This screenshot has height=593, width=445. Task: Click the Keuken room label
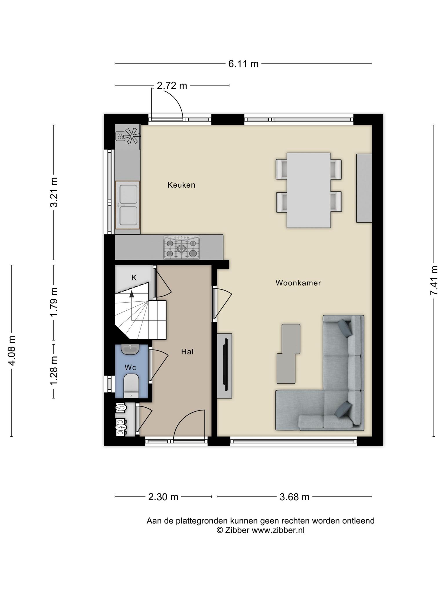coord(181,185)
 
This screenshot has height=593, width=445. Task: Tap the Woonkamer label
coord(298,283)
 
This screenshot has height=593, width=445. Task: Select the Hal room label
coord(187,352)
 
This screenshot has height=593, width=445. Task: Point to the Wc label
coord(130,367)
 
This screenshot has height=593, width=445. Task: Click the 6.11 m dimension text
coord(243,64)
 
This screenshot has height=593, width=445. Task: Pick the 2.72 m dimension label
coord(172,85)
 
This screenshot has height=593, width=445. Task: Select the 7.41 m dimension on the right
coord(434,280)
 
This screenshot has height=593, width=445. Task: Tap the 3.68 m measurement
coord(294,497)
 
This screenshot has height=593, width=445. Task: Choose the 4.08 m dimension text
coord(12,351)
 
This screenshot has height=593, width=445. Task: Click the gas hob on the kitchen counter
coord(182,248)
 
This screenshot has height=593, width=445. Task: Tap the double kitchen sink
coord(127,205)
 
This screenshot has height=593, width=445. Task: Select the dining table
coord(309,190)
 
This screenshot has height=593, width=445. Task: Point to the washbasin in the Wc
coord(130,349)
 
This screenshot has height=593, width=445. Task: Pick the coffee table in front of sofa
coord(288,354)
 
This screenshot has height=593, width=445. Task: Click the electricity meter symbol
coord(120,427)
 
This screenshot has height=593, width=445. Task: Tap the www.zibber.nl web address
coord(278,530)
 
